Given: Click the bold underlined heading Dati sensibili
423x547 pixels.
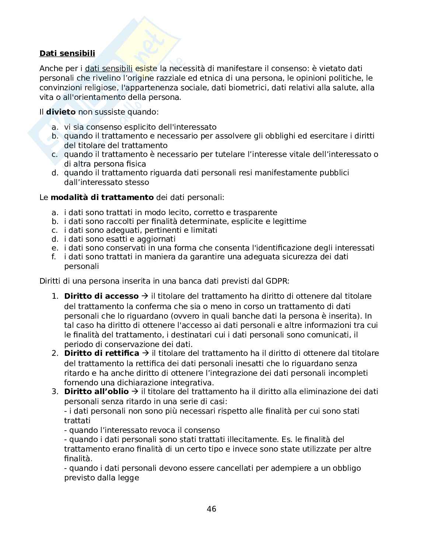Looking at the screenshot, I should pos(67,53).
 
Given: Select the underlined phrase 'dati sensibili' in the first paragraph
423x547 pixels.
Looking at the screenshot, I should pos(108,69).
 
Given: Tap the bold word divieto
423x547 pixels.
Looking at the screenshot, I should pos(61,112).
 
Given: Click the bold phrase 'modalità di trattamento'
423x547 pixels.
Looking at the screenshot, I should pos(102,197).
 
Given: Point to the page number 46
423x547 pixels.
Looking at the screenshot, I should pos(212,509).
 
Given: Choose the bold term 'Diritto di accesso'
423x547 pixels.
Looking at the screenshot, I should pos(101,296).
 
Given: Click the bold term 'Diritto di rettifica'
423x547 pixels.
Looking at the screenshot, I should pos(101,353).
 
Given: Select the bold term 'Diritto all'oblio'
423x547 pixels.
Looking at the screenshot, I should pos(97,392).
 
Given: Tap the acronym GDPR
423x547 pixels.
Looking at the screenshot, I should pos(277,281).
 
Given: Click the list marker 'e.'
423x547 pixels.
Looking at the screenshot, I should pos(55,248).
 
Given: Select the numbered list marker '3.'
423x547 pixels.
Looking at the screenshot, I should pos(55,392).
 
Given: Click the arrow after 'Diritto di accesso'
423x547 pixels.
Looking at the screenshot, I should pos(145,296).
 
